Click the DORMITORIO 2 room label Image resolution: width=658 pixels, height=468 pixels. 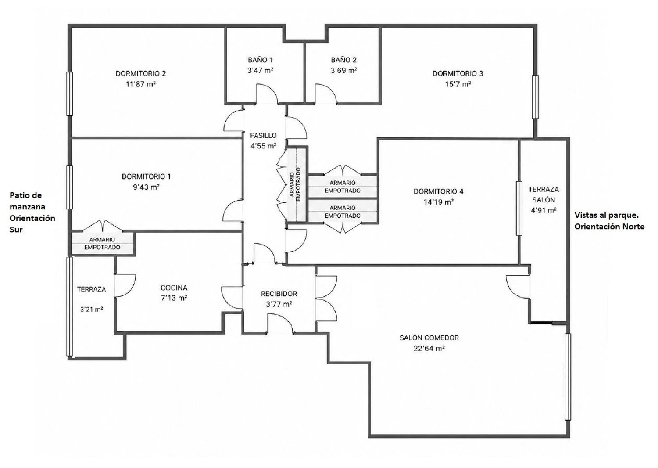(x=141, y=73)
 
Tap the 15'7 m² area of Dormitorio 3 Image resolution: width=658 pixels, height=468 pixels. (x=458, y=84)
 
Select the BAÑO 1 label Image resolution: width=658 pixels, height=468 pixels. (x=260, y=60)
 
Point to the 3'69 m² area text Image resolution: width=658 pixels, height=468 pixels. (x=343, y=71)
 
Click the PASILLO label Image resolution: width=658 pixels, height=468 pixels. (x=263, y=136)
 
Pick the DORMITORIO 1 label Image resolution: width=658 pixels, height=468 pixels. (x=146, y=176)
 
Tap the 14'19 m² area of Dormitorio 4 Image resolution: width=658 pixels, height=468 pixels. (x=439, y=202)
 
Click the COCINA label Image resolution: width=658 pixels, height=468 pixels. (x=174, y=288)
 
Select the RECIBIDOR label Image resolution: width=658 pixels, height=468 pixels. (x=279, y=294)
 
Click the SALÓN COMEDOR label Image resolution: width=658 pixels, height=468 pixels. (x=429, y=338)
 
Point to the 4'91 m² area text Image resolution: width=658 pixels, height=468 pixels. (x=544, y=210)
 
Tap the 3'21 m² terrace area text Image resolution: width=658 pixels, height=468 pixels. (x=92, y=309)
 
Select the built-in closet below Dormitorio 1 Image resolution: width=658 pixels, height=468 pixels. (x=102, y=244)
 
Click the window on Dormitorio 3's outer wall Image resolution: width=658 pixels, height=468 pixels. (x=536, y=97)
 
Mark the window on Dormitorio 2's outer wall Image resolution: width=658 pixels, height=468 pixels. (x=70, y=94)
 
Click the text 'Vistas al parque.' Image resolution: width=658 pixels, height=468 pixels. (x=606, y=215)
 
